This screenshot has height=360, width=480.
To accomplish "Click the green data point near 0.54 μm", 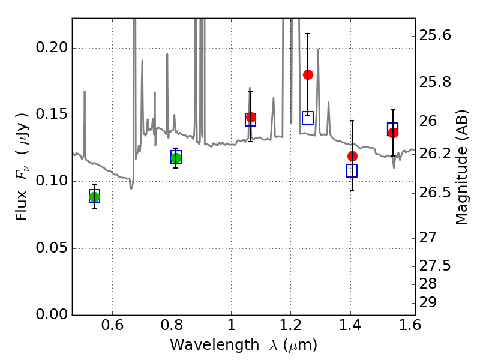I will tap(94, 197).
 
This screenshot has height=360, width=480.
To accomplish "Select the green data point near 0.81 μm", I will tap(176, 158).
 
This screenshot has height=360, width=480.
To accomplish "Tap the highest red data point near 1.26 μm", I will tap(308, 74).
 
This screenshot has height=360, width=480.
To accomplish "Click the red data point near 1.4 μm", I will tap(352, 156).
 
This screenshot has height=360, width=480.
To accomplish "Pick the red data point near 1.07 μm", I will tap(251, 117).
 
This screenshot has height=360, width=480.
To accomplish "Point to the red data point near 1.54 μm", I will tap(393, 133).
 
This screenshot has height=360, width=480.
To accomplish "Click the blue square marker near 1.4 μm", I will tap(352, 170).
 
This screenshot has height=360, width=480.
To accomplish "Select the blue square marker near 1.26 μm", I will tap(308, 118).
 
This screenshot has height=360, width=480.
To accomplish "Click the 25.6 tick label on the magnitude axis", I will tap(436, 36).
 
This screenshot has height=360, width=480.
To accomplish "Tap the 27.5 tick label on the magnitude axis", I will tap(436, 265).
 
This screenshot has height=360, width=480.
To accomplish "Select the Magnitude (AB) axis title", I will tap(462, 167).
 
